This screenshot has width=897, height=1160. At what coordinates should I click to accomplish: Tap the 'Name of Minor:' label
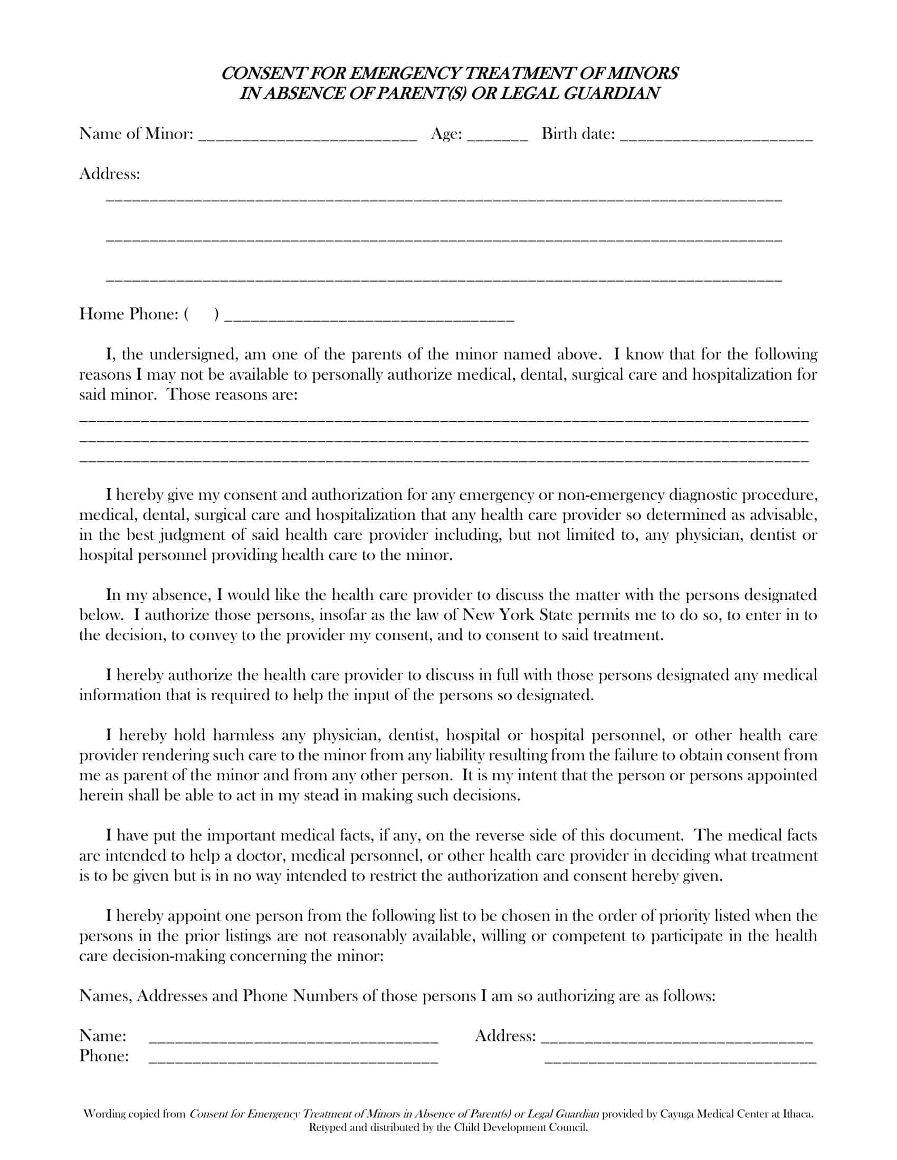136,133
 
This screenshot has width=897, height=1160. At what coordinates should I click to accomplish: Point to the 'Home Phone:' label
129,314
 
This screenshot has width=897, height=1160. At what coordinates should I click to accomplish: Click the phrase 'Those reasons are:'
233,394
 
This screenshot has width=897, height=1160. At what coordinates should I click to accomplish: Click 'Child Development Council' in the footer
520,1128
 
